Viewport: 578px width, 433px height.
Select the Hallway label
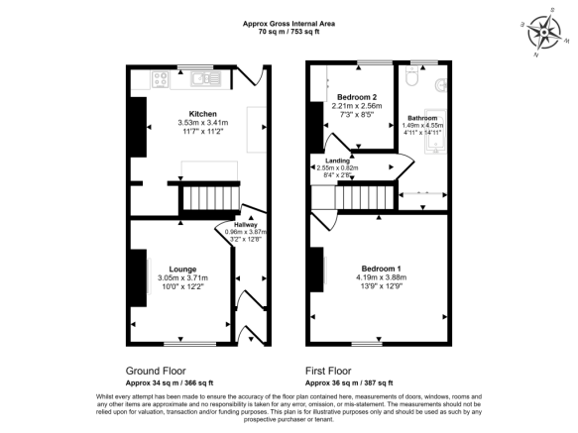tap(246, 225)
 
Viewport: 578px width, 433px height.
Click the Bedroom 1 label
tap(381, 270)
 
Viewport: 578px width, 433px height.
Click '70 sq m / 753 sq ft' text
tap(289, 32)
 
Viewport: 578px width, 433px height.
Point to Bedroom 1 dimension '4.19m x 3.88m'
tap(381, 277)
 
